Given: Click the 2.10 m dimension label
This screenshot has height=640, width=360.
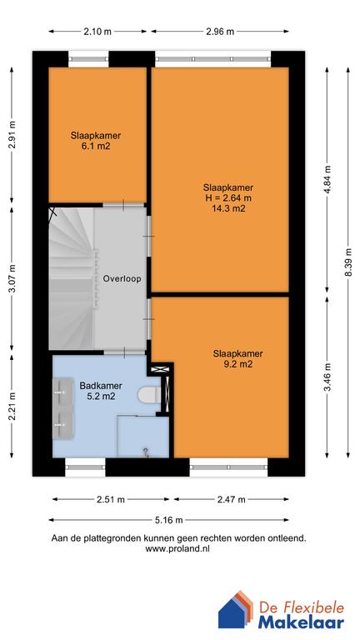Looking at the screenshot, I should pos(97,32).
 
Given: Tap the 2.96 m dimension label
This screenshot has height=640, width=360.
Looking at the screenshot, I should pos(220,32).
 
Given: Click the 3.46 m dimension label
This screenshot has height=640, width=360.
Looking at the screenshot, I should pos(327,377).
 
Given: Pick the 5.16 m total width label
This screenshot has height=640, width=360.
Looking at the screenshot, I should pos(172,517).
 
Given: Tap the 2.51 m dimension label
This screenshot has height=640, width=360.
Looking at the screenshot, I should pos(109,500).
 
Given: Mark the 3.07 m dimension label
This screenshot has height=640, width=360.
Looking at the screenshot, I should pos(12,279).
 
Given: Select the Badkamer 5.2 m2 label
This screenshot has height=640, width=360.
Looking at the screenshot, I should pos(97,392).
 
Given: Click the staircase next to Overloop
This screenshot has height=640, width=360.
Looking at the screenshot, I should pos(70,275).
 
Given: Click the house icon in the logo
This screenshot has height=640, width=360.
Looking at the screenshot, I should pos(236,611).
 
